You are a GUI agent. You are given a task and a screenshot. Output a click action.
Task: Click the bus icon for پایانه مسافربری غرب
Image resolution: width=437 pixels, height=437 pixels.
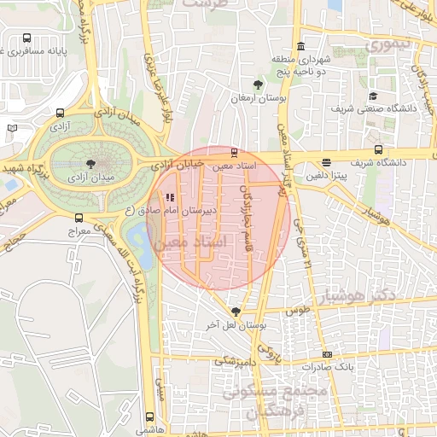[x=28, y=38]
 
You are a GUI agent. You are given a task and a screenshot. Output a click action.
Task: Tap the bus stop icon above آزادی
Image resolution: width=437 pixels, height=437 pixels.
[x=60, y=113]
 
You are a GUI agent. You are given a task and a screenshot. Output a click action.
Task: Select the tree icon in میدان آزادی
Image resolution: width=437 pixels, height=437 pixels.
[x=91, y=162]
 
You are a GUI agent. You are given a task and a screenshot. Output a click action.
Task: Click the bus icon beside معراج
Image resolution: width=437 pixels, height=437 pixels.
[x=79, y=218]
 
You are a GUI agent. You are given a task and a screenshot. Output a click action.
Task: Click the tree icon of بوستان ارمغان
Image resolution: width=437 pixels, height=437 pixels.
[x=258, y=84]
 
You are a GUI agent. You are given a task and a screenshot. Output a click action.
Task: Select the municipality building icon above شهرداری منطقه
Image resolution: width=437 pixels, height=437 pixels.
[x=300, y=47]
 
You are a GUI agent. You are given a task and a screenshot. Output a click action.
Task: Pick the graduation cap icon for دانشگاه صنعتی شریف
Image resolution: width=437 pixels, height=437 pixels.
[x=373, y=96]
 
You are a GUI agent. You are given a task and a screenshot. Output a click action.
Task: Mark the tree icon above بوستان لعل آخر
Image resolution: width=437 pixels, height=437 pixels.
[x=236, y=312]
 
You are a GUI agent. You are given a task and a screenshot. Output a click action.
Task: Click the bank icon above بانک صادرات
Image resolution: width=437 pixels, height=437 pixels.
[x=326, y=354]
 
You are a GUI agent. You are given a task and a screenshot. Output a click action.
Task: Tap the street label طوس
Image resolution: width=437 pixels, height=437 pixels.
[x=297, y=311]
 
